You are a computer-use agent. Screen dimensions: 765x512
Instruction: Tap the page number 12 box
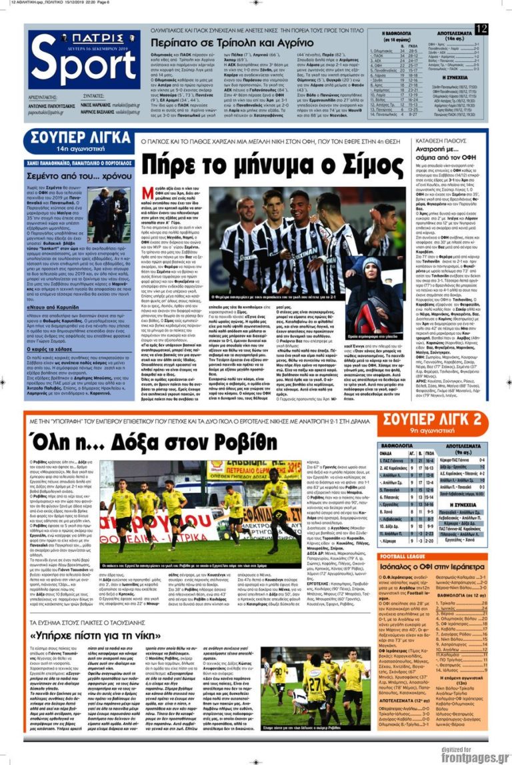[x=481, y=29]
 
